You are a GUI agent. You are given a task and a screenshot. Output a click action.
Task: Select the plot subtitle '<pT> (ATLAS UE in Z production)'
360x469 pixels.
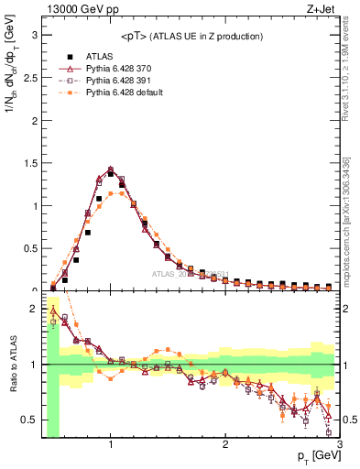point(191,36)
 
